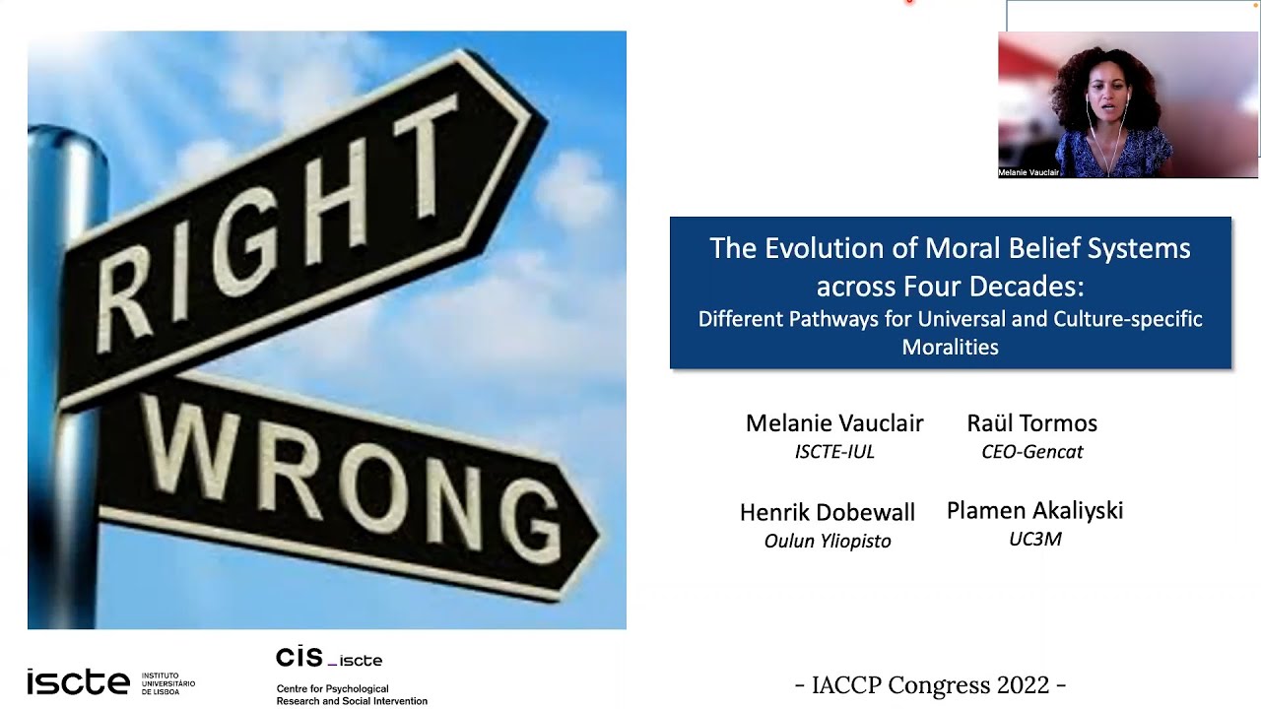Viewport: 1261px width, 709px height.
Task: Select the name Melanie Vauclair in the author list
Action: pyautogui.click(x=834, y=423)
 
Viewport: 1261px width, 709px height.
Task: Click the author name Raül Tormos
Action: pyautogui.click(x=1031, y=423)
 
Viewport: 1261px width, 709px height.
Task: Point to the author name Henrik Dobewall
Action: pyautogui.click(x=828, y=512)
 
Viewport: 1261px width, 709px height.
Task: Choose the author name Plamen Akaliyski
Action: pyautogui.click(x=1034, y=510)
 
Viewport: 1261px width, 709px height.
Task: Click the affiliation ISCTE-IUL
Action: pyautogui.click(x=834, y=452)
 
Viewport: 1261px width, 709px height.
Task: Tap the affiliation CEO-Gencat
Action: pyautogui.click(x=1031, y=452)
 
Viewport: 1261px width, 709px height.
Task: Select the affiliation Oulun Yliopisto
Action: pyautogui.click(x=828, y=541)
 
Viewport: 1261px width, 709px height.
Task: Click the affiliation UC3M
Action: pyautogui.click(x=1034, y=539)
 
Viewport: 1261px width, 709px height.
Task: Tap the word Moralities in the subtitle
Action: pyautogui.click(x=950, y=347)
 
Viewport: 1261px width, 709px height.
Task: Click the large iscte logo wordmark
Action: pyautogui.click(x=78, y=681)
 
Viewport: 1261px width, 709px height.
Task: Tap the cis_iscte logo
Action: pyautogui.click(x=328, y=658)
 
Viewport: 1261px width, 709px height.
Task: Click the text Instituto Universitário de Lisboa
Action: pyautogui.click(x=168, y=683)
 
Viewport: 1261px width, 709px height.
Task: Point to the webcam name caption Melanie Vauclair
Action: pyautogui.click(x=1029, y=172)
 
